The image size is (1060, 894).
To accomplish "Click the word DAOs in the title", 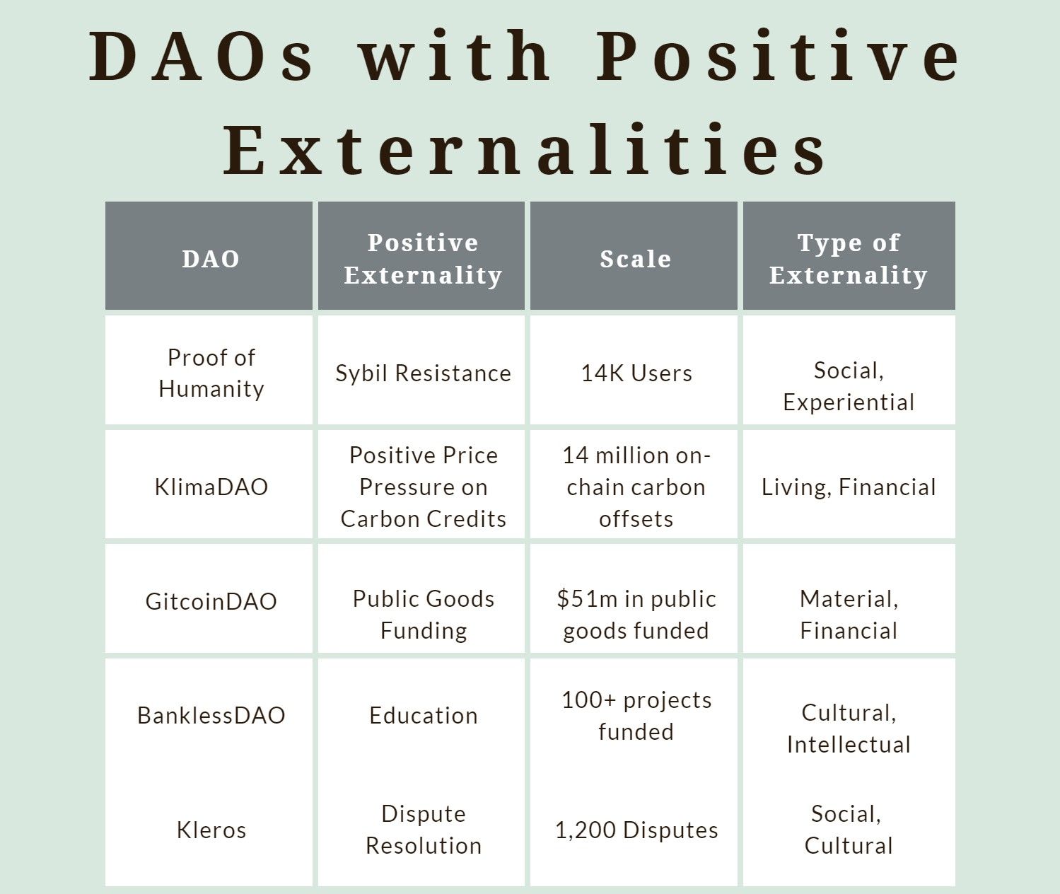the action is tap(202, 56).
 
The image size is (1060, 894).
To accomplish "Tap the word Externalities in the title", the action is tap(525, 150).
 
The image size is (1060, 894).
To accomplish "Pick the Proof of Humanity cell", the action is tap(211, 373).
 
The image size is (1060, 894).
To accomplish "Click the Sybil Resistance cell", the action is tap(424, 373).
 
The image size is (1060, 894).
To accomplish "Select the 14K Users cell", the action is tap(636, 373).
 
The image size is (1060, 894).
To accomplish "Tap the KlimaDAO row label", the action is tap(211, 487).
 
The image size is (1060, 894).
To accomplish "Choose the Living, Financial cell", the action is tap(849, 487).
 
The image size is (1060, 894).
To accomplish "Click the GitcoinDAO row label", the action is tap(211, 602).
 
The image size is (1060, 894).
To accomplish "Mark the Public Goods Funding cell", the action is tap(424, 615).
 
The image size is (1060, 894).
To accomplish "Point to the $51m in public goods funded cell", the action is tap(636, 615).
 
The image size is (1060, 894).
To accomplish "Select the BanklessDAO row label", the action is tap(211, 716).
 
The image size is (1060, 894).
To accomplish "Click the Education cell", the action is tap(424, 716).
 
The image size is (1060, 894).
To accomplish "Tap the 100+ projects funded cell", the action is tap(636, 716).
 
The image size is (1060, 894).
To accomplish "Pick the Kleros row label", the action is tap(211, 830).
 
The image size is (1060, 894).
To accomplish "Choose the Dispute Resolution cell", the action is tap(424, 830).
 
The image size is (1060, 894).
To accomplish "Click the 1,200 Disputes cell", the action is tap(636, 830).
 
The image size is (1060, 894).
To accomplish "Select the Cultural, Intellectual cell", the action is tap(849, 729).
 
